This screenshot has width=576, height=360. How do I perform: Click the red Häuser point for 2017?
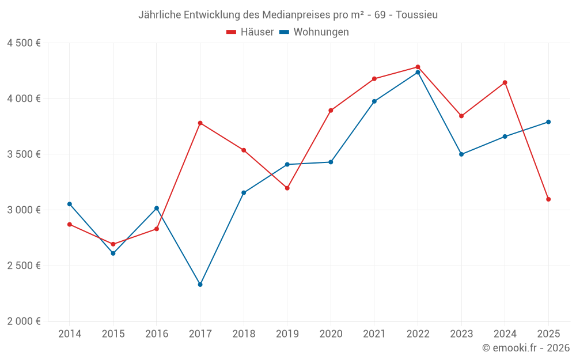(200, 123)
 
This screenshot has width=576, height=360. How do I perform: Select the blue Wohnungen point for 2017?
(200, 285)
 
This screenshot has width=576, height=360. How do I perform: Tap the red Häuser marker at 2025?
(548, 199)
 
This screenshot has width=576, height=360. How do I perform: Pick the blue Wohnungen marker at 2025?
(548, 122)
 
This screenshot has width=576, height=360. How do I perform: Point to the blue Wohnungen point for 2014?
(70, 204)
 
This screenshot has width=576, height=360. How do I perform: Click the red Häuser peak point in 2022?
(418, 67)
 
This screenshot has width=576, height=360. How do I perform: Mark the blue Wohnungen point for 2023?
(461, 154)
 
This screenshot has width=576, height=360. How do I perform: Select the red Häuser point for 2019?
(287, 188)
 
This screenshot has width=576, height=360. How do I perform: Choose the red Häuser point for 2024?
(505, 82)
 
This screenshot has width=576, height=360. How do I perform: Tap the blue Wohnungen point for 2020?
(331, 162)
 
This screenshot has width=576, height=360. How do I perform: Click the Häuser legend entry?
(250, 32)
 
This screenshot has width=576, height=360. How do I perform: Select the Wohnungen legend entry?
(314, 32)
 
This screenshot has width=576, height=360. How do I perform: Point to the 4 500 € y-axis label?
(24, 43)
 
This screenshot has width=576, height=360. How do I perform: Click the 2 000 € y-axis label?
(24, 321)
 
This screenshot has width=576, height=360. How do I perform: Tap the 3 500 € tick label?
(24, 154)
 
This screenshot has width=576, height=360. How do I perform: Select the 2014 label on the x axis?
(70, 334)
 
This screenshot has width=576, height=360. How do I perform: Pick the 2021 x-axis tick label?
(374, 334)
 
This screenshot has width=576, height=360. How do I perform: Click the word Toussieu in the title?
(416, 15)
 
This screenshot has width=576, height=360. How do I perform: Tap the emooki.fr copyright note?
(526, 348)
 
